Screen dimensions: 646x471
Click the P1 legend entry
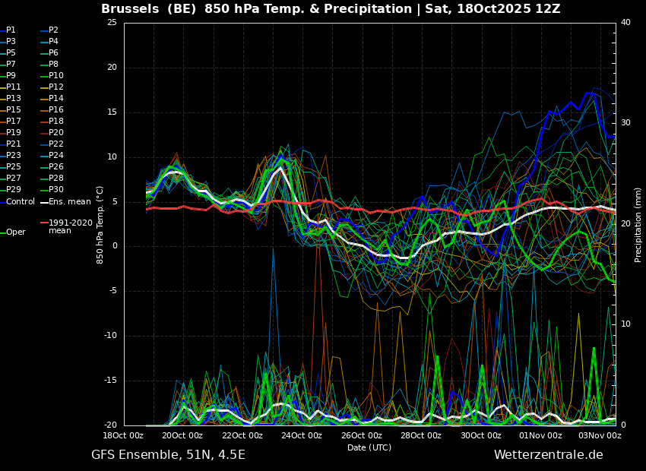pos(8,30)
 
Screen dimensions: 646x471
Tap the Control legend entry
pos(17,202)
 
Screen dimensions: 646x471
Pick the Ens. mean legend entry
pos(65,202)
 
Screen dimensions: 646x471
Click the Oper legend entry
pos(13,232)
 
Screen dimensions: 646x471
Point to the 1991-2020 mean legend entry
pos(67,226)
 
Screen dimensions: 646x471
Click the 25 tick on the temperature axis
pos(112,23)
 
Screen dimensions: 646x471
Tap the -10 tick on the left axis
pos(110,336)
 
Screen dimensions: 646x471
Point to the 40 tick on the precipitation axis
pos(625,23)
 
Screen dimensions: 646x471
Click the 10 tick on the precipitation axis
pos(625,324)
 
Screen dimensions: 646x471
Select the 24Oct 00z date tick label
pos(302,435)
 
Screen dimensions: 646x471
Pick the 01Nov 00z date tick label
pos(540,435)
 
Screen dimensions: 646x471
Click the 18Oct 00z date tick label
pos(123,435)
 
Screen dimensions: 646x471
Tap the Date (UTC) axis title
pos(369,447)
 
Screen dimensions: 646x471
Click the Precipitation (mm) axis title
pos(638,223)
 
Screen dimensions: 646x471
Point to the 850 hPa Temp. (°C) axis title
pos(100,225)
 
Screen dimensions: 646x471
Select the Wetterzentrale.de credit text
pos(549,455)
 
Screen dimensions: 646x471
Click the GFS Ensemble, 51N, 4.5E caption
pos(168,455)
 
